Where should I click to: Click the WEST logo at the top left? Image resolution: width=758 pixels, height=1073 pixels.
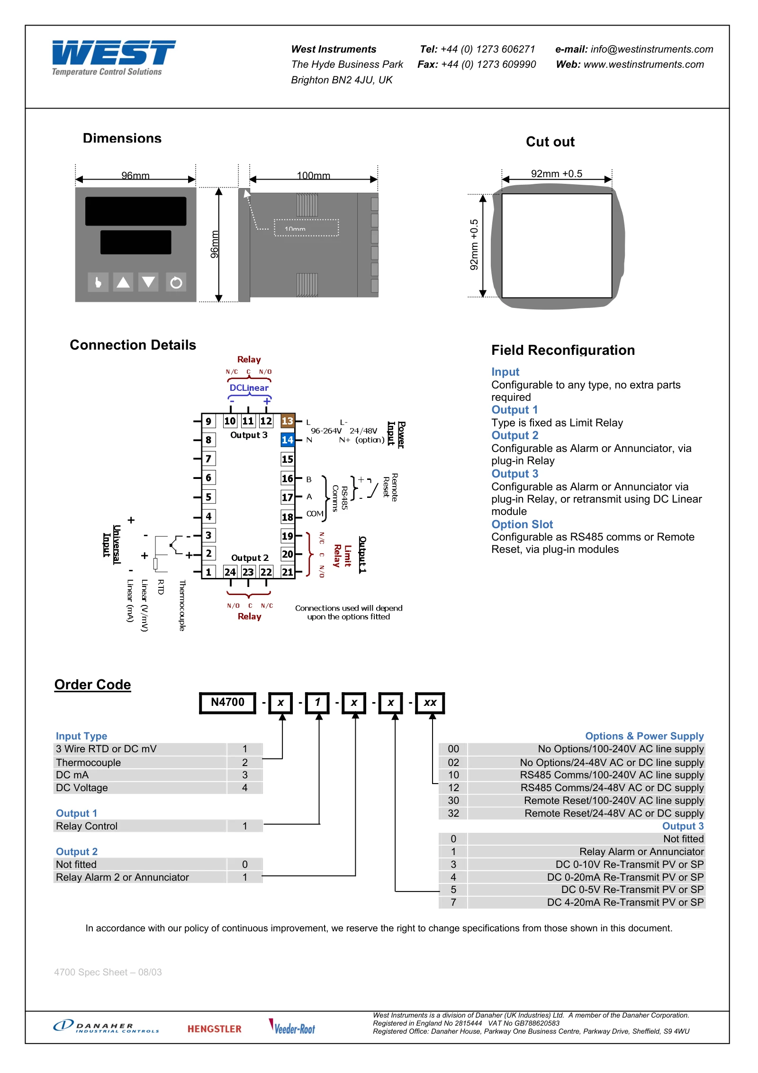pos(113,57)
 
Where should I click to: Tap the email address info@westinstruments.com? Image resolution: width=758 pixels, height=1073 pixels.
pos(651,49)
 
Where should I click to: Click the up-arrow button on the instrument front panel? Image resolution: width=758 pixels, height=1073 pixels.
pos(123,282)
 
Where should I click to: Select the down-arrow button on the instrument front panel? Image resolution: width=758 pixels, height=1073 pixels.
pos(148,282)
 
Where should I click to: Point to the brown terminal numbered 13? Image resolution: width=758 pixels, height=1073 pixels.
pos(288,421)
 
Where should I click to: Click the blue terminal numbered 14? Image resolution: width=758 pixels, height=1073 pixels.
pos(288,440)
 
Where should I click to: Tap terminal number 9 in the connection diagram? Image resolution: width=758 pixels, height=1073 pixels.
pos(208,421)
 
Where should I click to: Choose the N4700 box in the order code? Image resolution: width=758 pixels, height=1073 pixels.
pos(228,703)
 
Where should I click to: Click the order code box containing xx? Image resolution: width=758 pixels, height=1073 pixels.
pos(430,703)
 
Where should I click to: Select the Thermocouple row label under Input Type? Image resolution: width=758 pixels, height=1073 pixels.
pos(89,762)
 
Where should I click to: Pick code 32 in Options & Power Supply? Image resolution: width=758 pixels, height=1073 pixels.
pos(453,813)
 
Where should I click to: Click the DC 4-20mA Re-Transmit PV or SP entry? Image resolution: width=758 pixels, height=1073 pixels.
pos(625,902)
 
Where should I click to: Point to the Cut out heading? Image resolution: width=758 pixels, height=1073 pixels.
pos(550,142)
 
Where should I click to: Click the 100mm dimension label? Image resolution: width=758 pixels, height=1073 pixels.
pos(314,175)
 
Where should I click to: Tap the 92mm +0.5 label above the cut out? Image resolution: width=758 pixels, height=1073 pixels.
pos(557,173)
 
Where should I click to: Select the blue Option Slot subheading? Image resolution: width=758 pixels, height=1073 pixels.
pos(522,524)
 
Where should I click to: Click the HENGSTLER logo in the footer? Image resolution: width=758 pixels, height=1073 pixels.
pos(215,1029)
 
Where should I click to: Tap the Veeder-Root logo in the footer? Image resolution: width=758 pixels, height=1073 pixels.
pos(292,1027)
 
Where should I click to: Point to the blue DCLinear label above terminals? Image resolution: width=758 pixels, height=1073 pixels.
pos(249,388)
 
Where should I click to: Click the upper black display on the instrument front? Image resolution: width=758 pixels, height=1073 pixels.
pos(136,211)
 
